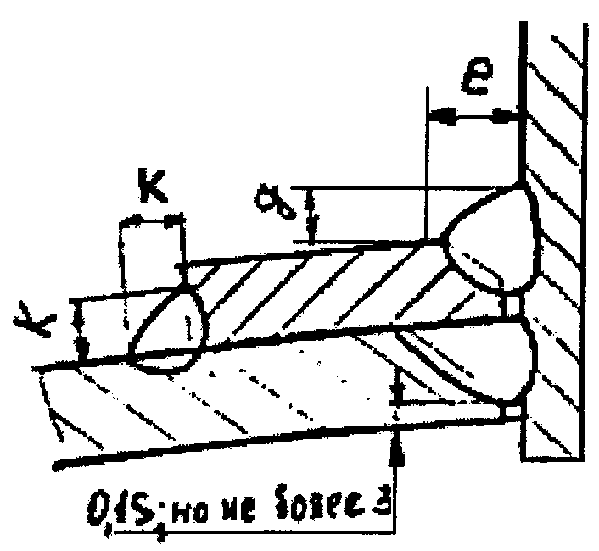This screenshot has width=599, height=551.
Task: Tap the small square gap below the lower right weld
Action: coord(511,413)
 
